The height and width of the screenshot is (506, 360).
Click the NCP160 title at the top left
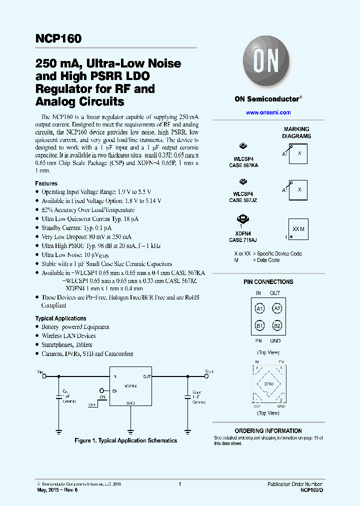point(58,38)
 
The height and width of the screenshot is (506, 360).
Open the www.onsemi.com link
point(268,113)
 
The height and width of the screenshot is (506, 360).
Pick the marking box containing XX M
point(297,228)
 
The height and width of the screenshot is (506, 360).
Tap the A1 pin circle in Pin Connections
point(259,309)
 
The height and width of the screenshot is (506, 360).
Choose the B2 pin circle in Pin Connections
point(276,326)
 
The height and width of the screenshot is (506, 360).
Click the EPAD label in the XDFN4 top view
point(268,384)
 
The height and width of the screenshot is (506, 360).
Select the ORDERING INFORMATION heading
point(268,430)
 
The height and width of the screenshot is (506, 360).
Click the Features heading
point(46,183)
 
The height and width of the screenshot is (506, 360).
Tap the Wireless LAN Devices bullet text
point(68,336)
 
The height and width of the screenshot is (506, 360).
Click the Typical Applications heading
point(60,318)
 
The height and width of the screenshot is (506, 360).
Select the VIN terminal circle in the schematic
point(44,376)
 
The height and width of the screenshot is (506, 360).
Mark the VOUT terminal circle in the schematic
point(205,376)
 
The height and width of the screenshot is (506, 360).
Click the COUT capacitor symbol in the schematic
point(187,396)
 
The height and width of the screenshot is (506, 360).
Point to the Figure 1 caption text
point(125,440)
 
